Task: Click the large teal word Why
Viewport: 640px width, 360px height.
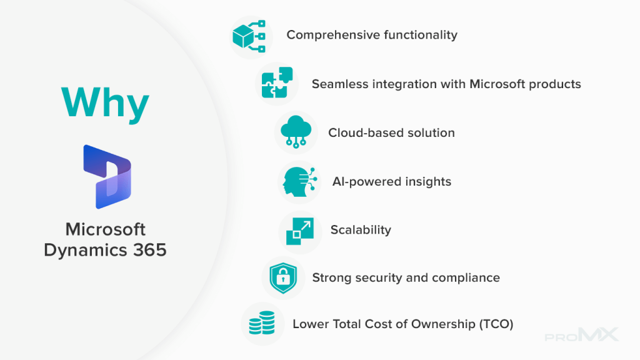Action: coord(105,103)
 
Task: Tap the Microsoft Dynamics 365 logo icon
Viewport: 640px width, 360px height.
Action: coord(107,177)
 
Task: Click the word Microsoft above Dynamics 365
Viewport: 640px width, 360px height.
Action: coord(105,229)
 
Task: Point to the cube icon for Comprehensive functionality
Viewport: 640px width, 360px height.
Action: coord(249,36)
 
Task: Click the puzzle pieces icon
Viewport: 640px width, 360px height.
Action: coord(277,82)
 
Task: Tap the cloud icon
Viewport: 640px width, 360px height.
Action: coord(296,131)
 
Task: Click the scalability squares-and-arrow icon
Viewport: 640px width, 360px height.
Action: coord(300,231)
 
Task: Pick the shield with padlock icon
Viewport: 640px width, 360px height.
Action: coord(283,278)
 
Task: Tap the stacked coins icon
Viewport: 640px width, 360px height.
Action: coord(262,322)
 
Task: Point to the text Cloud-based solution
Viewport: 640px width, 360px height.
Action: coord(391,132)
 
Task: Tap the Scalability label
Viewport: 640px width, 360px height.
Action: coord(361,230)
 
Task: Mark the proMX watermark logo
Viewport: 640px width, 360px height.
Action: coord(582,335)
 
